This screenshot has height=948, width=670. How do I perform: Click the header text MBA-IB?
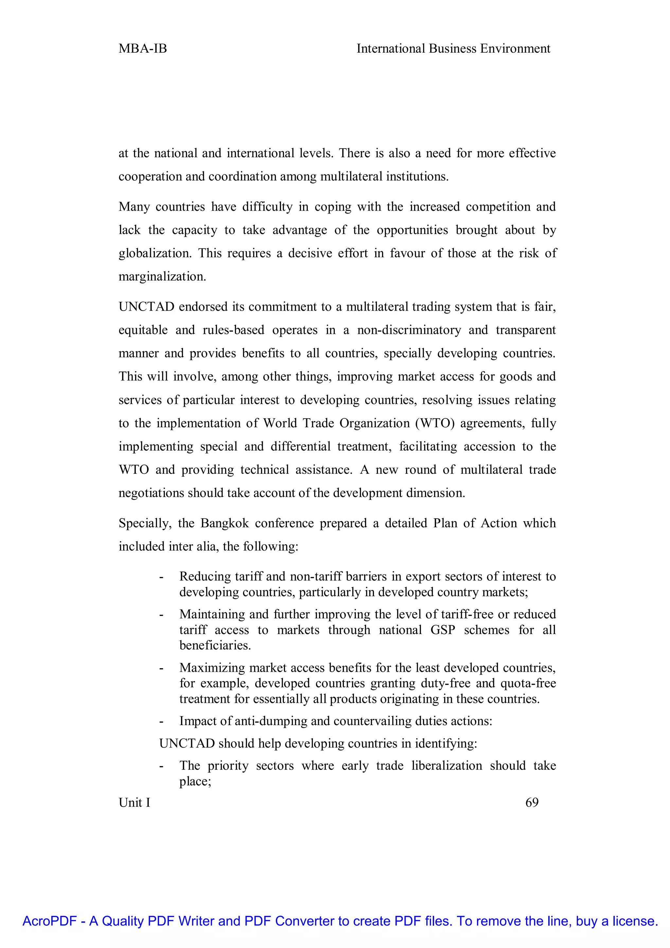[x=143, y=49]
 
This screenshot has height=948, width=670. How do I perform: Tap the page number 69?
[x=532, y=802]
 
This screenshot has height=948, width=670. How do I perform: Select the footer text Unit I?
[x=134, y=802]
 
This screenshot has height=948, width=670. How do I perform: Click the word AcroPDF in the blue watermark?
[x=48, y=921]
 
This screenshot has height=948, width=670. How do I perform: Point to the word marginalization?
[x=162, y=277]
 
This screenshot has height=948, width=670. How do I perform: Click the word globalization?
[x=155, y=253]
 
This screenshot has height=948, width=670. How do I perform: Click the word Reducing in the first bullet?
[x=204, y=576]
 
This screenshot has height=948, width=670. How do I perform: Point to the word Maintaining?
[x=212, y=614]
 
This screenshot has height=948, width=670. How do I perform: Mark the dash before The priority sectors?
[x=161, y=766]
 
